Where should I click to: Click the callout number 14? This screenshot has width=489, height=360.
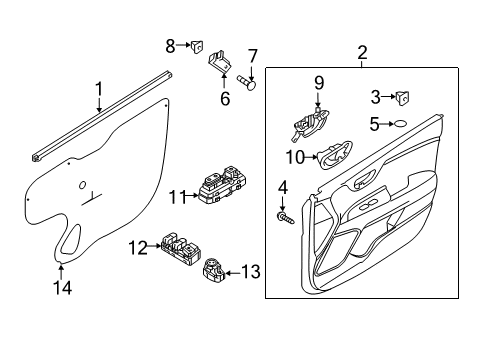click(63, 287)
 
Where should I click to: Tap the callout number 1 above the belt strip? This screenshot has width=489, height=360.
click(99, 89)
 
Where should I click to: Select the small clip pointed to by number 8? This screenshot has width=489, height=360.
click(197, 46)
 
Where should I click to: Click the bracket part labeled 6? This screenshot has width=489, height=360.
click(220, 62)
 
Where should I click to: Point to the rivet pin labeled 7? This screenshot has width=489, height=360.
click(247, 82)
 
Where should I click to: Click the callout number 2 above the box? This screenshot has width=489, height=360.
click(362, 53)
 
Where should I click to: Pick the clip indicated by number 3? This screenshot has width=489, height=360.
click(403, 98)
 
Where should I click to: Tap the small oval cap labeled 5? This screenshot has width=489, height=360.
click(400, 124)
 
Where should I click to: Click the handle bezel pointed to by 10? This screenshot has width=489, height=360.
click(334, 155)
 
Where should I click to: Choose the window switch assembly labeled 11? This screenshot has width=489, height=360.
click(223, 185)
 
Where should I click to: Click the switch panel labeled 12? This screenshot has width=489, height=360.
click(181, 248)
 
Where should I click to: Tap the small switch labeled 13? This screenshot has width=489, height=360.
click(214, 270)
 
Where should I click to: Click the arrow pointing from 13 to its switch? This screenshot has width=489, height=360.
click(233, 273)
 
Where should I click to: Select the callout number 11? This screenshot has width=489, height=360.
click(177, 197)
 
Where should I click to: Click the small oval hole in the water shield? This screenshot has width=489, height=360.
click(82, 185)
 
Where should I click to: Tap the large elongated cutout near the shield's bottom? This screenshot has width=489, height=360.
click(70, 239)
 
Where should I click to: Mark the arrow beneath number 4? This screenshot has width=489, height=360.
click(283, 203)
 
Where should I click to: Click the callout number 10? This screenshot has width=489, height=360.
click(296, 157)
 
